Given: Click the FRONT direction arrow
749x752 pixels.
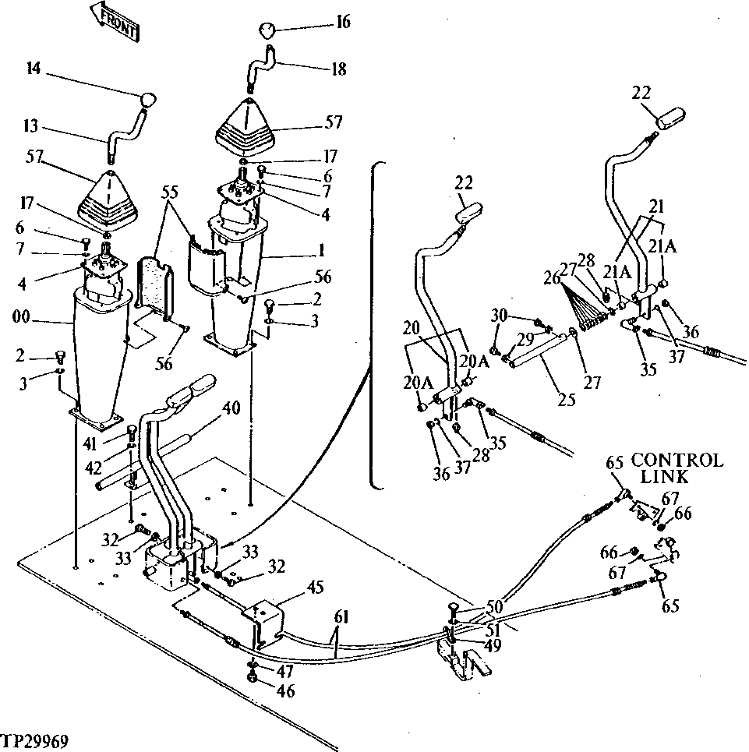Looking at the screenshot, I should [115, 21].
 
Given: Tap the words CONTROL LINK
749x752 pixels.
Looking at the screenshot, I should [677, 468].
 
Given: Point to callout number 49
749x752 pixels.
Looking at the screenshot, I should [492, 644].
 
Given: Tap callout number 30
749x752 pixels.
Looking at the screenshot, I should [498, 315].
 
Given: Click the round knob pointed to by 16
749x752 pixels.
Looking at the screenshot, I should [267, 30].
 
